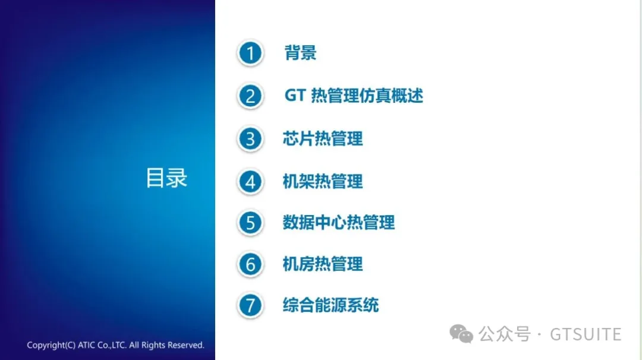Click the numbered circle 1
(x=250, y=53)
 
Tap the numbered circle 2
(x=250, y=96)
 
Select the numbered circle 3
(x=250, y=140)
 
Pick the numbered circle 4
(x=250, y=182)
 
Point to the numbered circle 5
(x=250, y=223)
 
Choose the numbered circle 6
(x=250, y=265)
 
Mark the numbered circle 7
(x=250, y=306)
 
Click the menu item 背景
(x=301, y=53)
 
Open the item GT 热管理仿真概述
(x=354, y=96)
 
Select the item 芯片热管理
(x=323, y=139)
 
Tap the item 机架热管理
(x=323, y=181)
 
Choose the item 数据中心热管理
(x=339, y=223)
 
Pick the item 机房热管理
(x=323, y=264)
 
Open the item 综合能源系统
(x=331, y=305)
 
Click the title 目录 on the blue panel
(x=166, y=178)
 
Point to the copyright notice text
(x=115, y=345)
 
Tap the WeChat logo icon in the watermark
(x=461, y=334)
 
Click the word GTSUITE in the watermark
(x=586, y=334)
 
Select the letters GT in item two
(x=295, y=96)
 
